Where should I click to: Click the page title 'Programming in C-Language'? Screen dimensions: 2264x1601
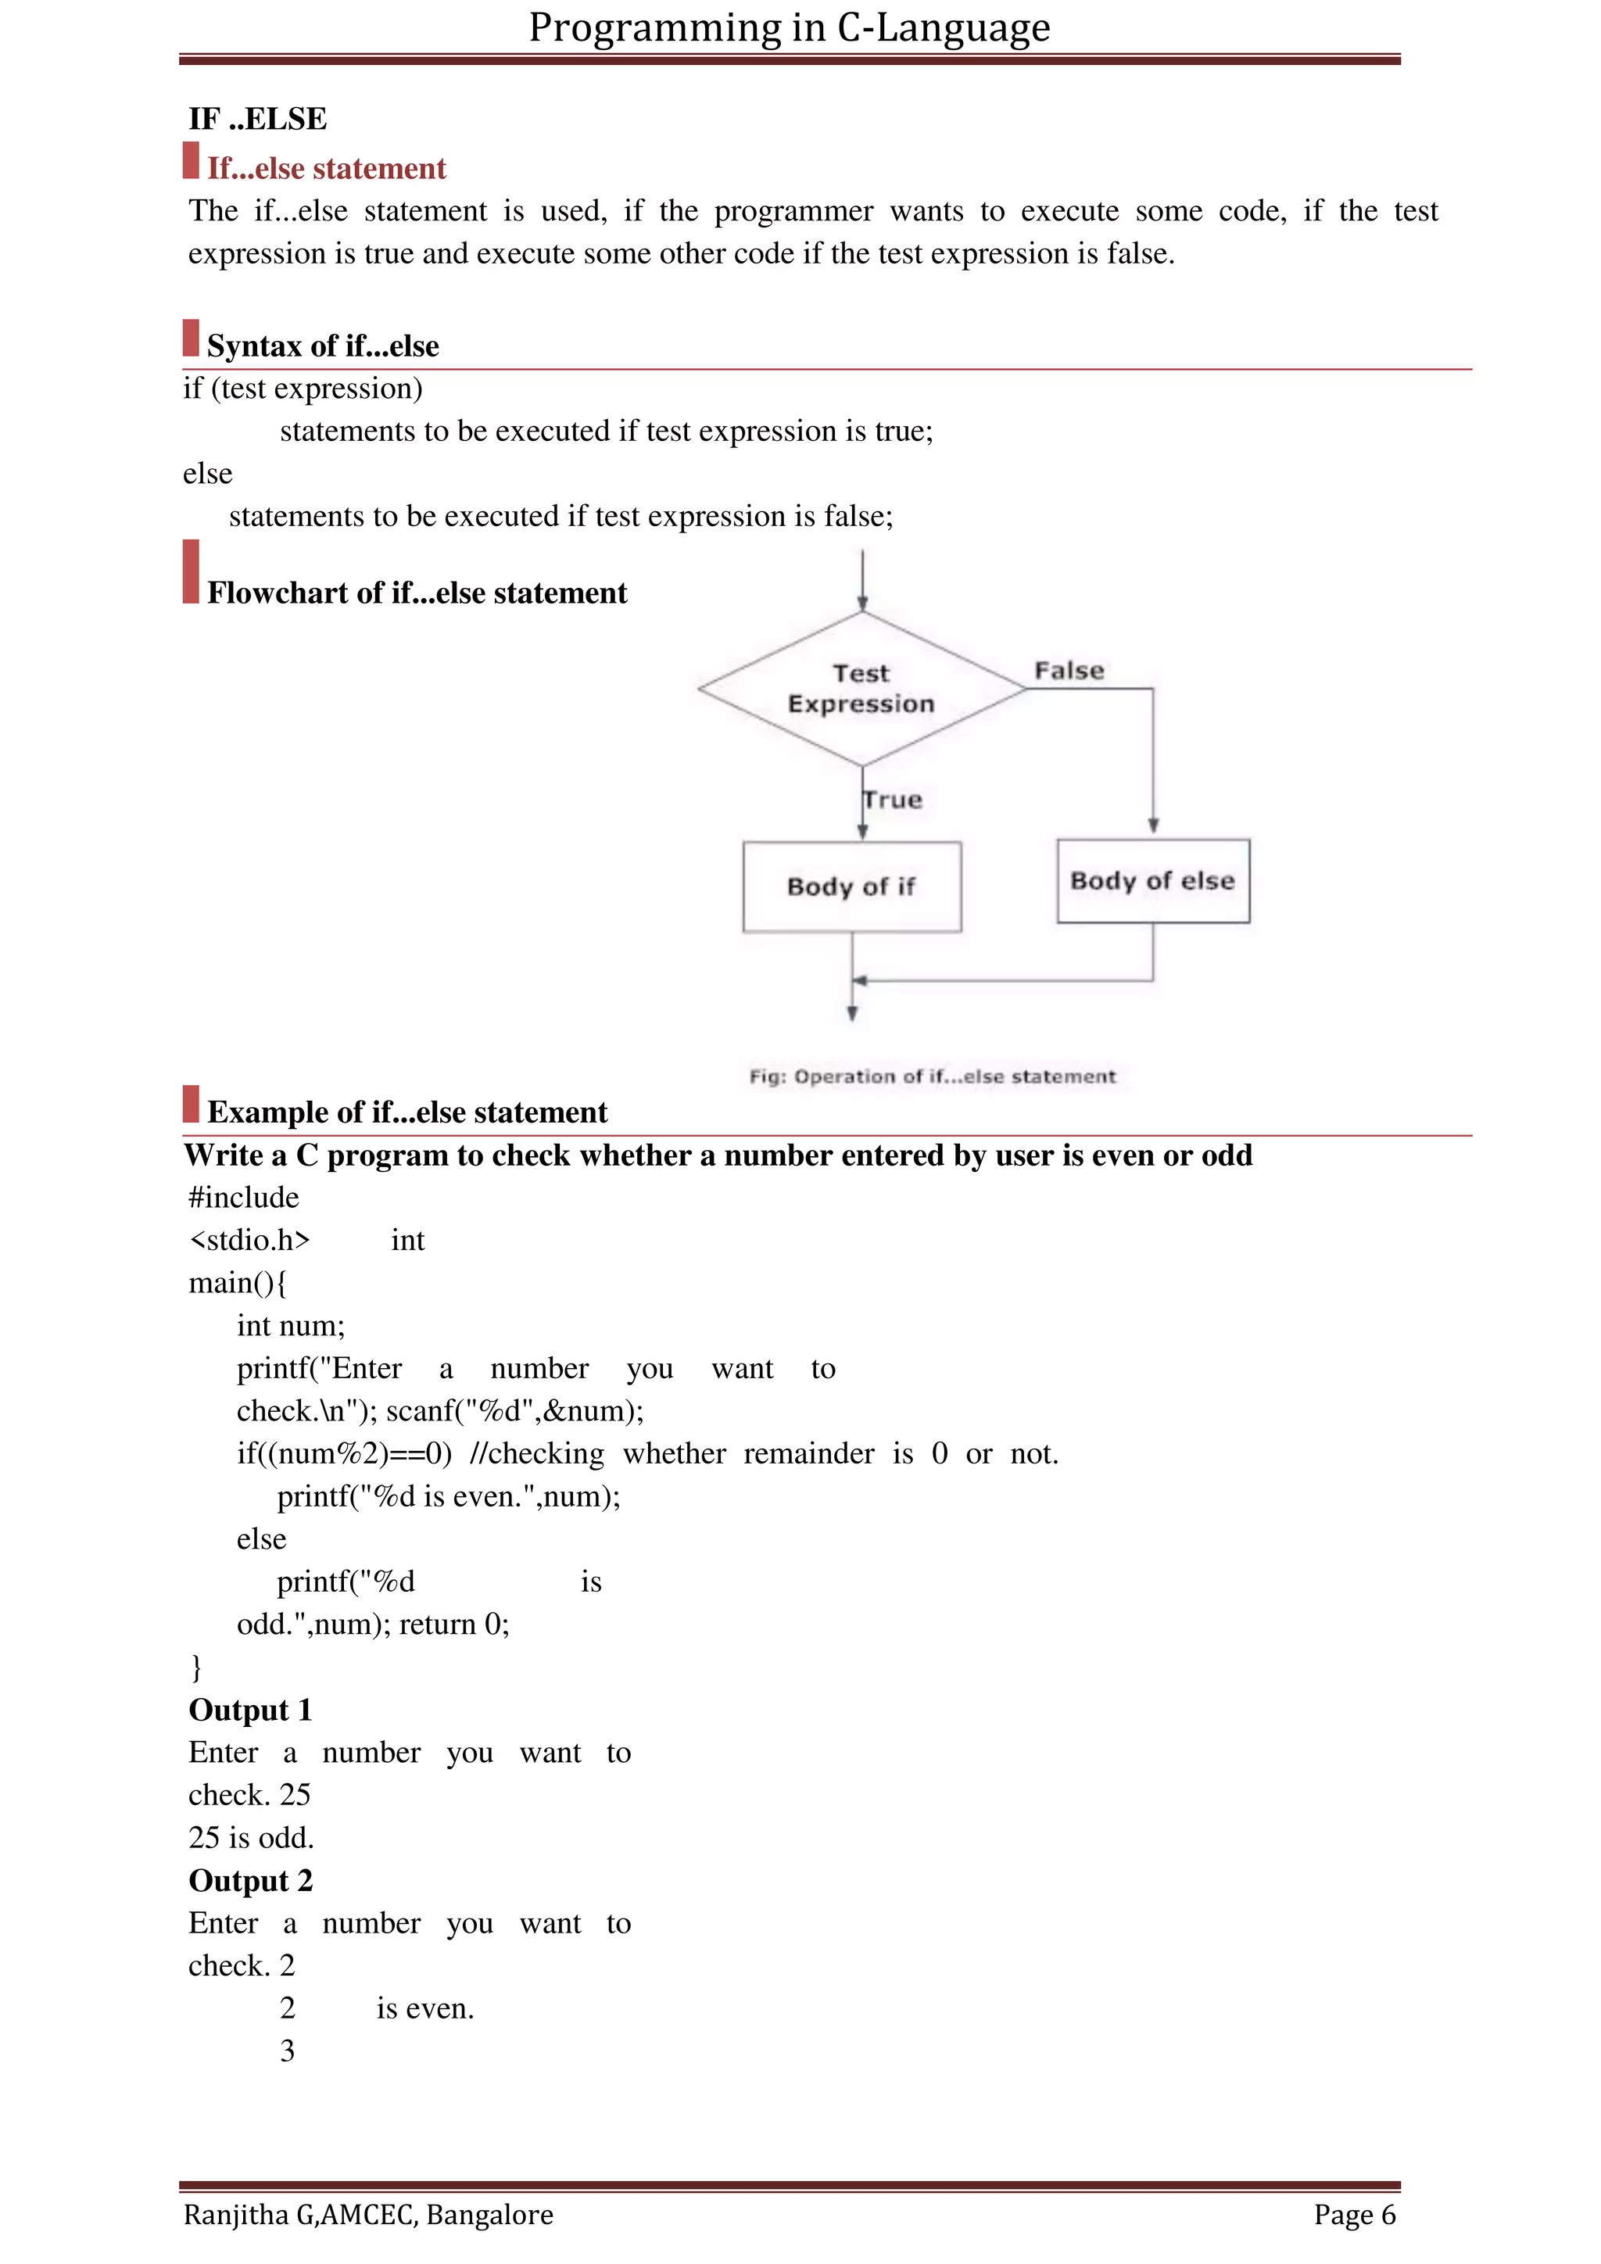click(789, 27)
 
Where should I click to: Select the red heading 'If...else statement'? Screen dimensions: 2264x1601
click(326, 169)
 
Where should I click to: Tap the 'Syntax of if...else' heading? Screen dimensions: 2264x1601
click(322, 346)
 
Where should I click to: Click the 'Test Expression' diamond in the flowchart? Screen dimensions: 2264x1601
click(861, 688)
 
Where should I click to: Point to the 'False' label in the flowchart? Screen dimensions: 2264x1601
click(1069, 671)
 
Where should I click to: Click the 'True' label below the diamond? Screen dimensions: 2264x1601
click(894, 800)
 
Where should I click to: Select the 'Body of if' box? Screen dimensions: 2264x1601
click(852, 887)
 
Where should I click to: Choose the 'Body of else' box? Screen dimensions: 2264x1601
click(1152, 880)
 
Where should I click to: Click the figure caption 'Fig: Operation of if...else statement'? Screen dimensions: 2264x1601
click(932, 1076)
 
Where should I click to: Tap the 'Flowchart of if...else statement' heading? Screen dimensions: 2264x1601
click(416, 593)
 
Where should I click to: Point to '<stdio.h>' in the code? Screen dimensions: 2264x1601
click(249, 1241)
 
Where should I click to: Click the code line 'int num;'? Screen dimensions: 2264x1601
click(291, 1326)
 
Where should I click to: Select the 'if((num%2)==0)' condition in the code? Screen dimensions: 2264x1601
click(344, 1454)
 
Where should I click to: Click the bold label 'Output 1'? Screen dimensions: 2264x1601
click(250, 1711)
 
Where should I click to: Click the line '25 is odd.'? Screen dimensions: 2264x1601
click(250, 1838)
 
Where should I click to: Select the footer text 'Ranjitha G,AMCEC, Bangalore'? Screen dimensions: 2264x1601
click(367, 2216)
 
